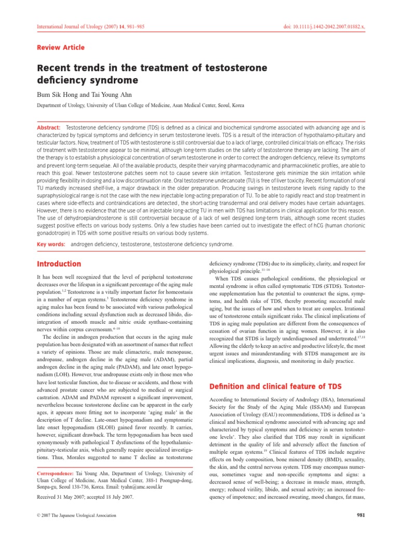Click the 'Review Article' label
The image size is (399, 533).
(60, 47)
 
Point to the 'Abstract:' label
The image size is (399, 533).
(47, 128)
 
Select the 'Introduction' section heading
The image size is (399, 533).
(58, 264)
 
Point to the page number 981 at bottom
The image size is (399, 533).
(357, 515)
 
